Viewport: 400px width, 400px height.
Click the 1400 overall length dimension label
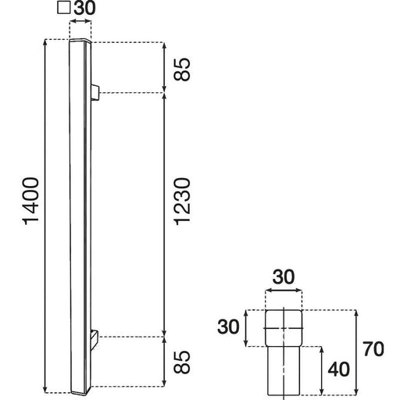tap(31, 201)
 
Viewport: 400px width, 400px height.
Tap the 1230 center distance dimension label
tap(182, 202)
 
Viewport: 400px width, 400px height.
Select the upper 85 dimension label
tap(182, 70)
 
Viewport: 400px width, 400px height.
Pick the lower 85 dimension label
tap(182, 362)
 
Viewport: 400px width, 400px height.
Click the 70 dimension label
tap(373, 349)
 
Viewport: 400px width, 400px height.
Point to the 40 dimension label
tap(338, 370)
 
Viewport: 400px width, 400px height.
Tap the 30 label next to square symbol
tap(84, 8)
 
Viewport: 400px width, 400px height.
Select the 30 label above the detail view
tap(284, 277)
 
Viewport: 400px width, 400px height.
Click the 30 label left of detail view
tap(228, 327)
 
